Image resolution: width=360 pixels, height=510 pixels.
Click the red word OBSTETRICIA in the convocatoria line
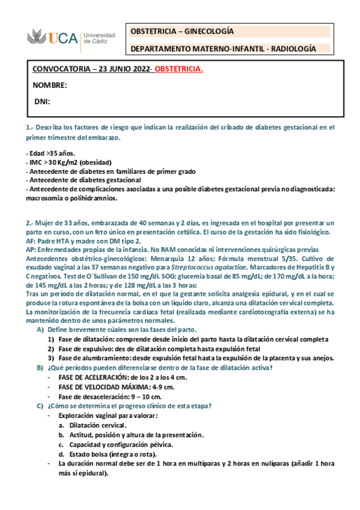[x=179, y=69]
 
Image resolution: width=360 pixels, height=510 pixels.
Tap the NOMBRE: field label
[x=50, y=85]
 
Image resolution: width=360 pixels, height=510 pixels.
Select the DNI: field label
[x=42, y=102]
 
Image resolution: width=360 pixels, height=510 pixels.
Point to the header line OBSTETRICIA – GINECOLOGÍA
[x=182, y=32]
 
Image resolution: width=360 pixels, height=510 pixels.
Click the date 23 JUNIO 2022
[x=119, y=69]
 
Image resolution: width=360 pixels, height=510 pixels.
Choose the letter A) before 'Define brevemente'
[x=40, y=330]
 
